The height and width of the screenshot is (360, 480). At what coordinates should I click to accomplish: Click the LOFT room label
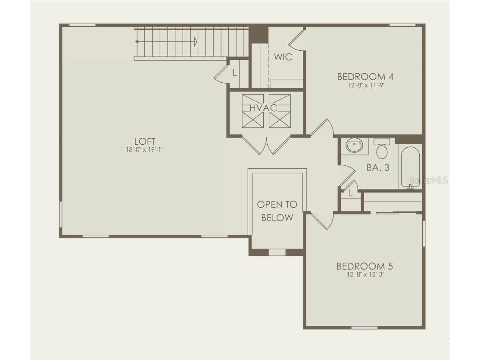pyautogui.click(x=145, y=141)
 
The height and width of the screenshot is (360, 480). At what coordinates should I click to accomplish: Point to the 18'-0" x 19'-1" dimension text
pyautogui.click(x=145, y=150)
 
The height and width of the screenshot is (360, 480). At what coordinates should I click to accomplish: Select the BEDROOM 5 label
pyautogui.click(x=365, y=266)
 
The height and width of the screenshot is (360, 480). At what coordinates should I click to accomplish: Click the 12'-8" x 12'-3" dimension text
pyautogui.click(x=365, y=274)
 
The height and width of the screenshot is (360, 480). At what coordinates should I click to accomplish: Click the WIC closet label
pyautogui.click(x=283, y=57)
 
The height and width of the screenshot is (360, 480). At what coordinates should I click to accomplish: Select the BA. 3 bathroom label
pyautogui.click(x=378, y=168)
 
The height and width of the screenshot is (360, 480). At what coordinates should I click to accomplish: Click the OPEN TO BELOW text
pyautogui.click(x=277, y=211)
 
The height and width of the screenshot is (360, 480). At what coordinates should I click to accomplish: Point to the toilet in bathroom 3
pyautogui.click(x=382, y=149)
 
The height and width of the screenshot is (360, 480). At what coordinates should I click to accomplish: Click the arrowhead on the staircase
pyautogui.click(x=196, y=42)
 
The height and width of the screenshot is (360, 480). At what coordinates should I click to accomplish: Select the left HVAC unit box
pyautogui.click(x=252, y=111)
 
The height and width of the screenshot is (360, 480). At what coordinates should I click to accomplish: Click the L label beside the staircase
pyautogui.click(x=234, y=73)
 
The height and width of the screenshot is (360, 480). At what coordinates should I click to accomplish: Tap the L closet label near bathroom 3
pyautogui.click(x=351, y=194)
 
